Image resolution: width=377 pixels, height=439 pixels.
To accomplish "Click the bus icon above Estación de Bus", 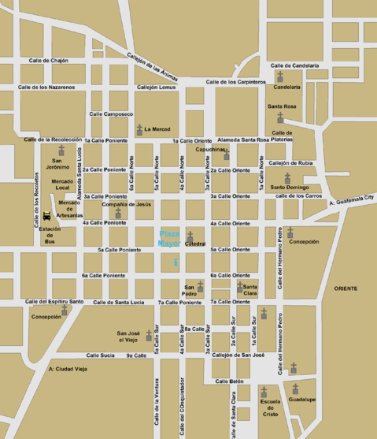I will point(47,215).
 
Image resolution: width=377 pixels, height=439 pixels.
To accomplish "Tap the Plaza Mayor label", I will point(170,239).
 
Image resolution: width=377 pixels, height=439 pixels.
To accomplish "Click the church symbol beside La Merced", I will point(139,128).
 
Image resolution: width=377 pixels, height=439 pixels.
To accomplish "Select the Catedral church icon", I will point(190,236).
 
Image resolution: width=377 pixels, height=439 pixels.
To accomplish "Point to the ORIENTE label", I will point(345,288).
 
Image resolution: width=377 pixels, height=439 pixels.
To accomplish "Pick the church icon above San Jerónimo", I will point(61,151).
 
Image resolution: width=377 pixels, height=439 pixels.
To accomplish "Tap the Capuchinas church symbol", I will point(227,154).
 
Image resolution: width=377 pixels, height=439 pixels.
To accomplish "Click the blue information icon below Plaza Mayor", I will point(176,261).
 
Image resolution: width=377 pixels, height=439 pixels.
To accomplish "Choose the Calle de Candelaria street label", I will point(295,65).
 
